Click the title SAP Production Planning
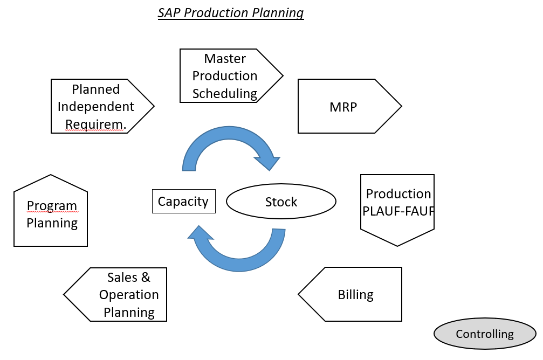[x=231, y=12]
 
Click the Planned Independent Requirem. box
[x=97, y=106]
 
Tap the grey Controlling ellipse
[x=485, y=334]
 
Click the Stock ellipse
[x=281, y=202]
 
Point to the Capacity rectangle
[x=183, y=201]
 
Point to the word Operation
[x=129, y=295]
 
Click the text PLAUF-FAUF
[x=399, y=211]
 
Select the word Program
[x=52, y=206]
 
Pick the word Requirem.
[x=95, y=124]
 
